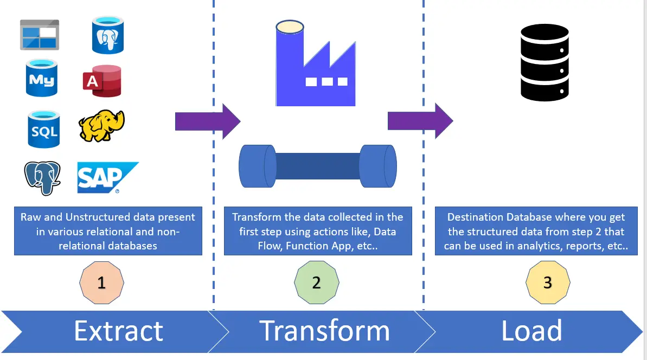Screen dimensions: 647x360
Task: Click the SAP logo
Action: [107, 177]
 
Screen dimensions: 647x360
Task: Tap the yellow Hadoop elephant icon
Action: [101, 126]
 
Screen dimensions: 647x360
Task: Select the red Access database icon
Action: [102, 81]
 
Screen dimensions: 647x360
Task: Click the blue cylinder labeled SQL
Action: [44, 129]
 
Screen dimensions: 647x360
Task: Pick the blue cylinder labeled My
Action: [42, 78]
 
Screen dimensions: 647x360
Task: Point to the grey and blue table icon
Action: [40, 35]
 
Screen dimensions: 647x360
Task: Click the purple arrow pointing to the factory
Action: [208, 121]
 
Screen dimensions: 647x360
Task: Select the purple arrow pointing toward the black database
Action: [420, 121]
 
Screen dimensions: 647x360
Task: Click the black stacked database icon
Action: [544, 62]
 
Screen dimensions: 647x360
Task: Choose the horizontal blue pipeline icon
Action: [318, 166]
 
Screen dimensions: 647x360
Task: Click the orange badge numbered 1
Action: [101, 282]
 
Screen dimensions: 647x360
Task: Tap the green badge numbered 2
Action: [317, 282]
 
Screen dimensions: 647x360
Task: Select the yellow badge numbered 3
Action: [548, 282]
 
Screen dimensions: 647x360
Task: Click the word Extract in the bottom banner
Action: [119, 331]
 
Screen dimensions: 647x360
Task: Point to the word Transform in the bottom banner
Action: [325, 331]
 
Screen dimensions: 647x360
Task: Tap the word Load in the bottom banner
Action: [532, 330]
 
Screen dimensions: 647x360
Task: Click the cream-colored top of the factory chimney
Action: [290, 27]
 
